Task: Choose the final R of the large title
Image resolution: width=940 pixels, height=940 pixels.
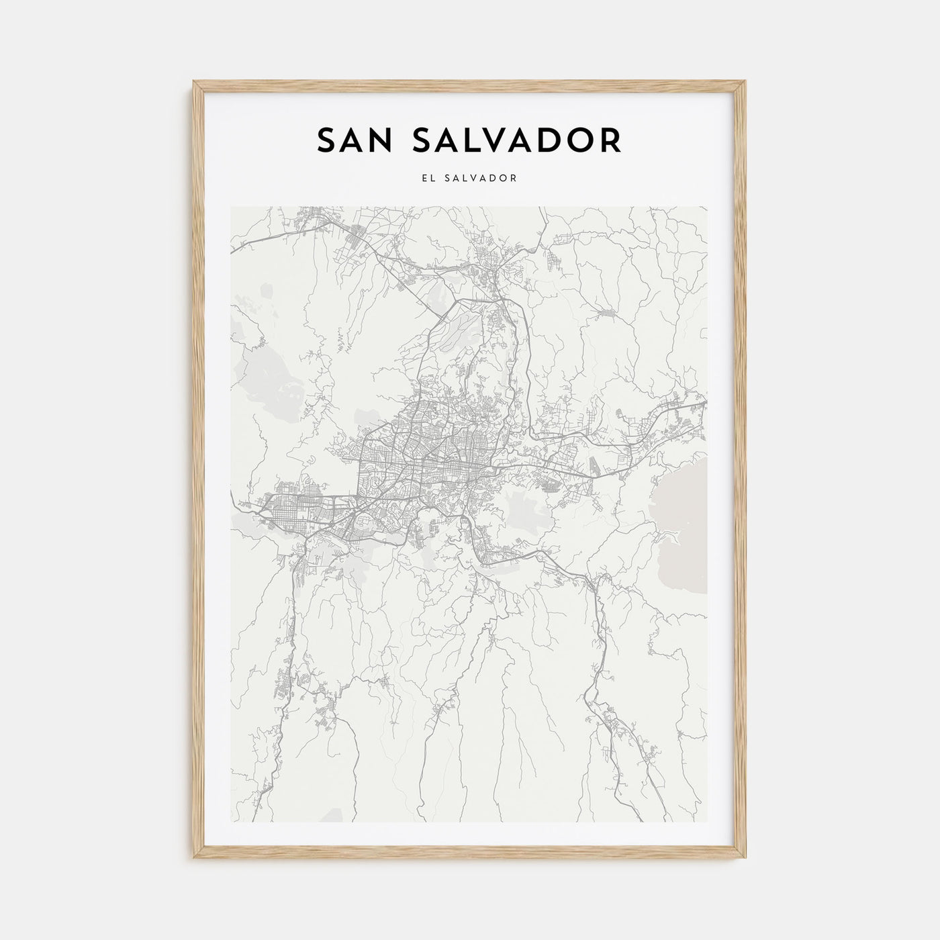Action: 610,140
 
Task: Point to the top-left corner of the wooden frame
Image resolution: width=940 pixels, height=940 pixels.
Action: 195,83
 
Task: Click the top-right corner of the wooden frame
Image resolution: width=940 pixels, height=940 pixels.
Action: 745,83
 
